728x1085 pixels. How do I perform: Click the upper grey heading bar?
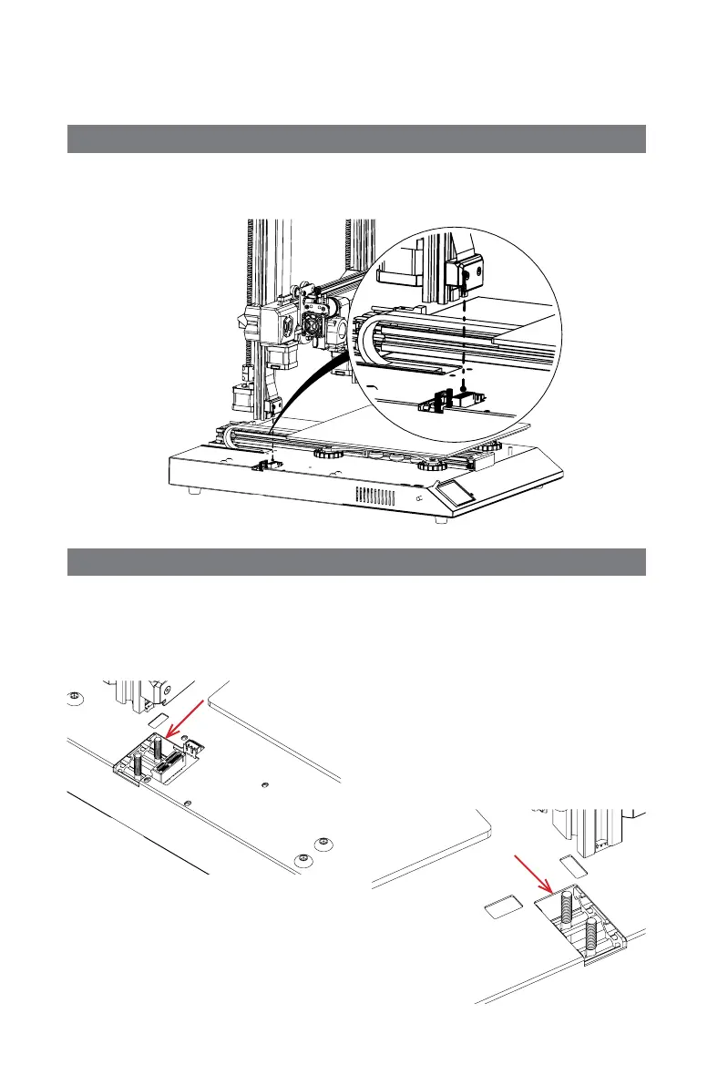(357, 139)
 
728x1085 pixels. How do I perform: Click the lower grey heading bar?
(357, 562)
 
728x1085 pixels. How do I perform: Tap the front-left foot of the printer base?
(193, 490)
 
